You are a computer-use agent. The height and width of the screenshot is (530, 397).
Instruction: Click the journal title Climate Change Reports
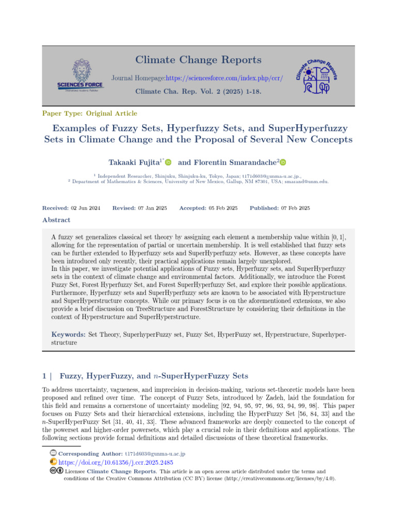click(x=198, y=60)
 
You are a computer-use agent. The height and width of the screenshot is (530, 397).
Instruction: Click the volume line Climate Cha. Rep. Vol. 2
click(x=198, y=91)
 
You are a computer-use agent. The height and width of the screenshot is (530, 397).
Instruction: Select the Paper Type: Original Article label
click(x=89, y=113)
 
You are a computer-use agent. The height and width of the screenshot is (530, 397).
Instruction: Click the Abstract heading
click(x=56, y=220)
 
